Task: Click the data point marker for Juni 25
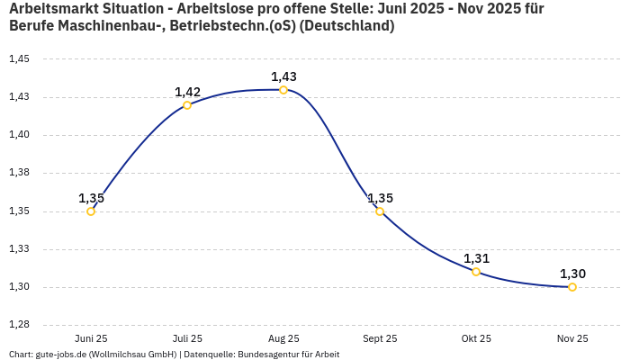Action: [x=91, y=211]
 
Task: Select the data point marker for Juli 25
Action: [x=187, y=105]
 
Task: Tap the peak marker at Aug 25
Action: [x=283, y=90]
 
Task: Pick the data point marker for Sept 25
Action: [x=380, y=211]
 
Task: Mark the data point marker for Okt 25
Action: [x=476, y=272]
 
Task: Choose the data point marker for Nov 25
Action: [x=572, y=287]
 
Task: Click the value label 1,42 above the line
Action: [x=187, y=92]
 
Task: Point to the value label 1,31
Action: [x=476, y=258]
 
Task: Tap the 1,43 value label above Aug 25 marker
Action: [x=283, y=76]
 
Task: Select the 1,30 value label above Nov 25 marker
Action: [x=572, y=274]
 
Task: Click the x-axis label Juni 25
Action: [x=91, y=338]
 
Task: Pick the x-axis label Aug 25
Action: [x=283, y=338]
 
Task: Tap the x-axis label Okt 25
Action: [x=476, y=338]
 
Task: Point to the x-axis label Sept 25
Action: [x=380, y=338]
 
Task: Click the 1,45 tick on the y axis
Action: [x=19, y=59]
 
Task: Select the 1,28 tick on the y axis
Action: [x=19, y=325]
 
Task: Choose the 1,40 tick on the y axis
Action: [x=19, y=135]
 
